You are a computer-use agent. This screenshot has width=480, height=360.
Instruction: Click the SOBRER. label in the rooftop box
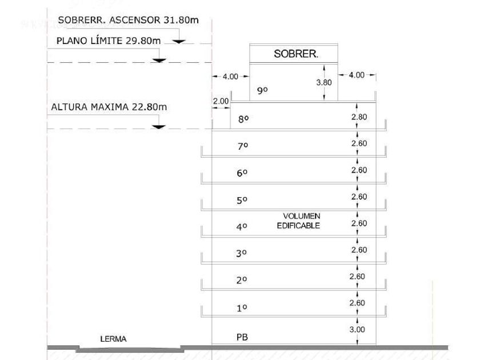tap(295, 54)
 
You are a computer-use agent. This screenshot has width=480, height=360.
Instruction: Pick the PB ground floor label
tap(243, 337)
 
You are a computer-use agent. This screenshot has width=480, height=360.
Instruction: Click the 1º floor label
tap(242, 308)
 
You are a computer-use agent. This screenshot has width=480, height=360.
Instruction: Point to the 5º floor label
tap(242, 201)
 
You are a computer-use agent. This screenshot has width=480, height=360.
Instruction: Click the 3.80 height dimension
tap(324, 82)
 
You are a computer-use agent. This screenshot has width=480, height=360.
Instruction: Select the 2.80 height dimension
tap(359, 117)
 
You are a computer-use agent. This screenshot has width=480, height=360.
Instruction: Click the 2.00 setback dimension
tap(221, 101)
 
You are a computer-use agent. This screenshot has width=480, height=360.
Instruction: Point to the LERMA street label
tap(113, 339)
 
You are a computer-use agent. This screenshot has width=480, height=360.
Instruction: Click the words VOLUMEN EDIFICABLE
tap(301, 221)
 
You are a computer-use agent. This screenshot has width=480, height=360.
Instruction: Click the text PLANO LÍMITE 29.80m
tap(108, 41)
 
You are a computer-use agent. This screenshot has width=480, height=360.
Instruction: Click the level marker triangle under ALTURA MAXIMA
tap(159, 126)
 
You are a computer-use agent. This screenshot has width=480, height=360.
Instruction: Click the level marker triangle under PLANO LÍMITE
tap(159, 59)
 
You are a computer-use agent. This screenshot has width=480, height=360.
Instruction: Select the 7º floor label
tap(242, 146)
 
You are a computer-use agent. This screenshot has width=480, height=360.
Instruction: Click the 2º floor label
tap(242, 280)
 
